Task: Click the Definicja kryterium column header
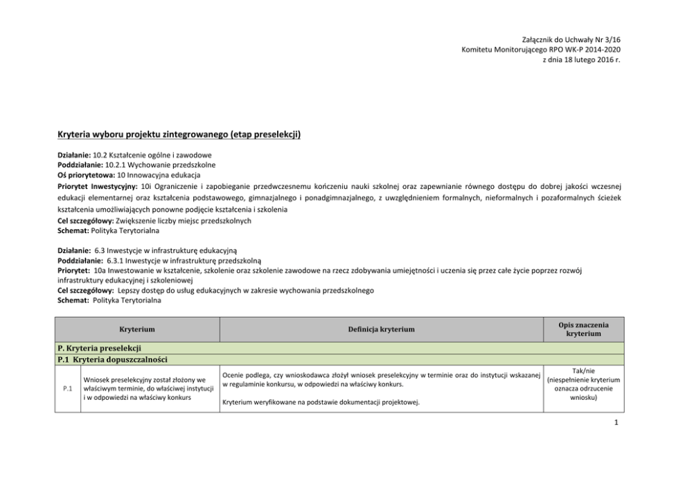coord(380,329)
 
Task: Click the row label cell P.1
coord(68,389)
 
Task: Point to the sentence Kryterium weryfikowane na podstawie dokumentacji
coord(319,402)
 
